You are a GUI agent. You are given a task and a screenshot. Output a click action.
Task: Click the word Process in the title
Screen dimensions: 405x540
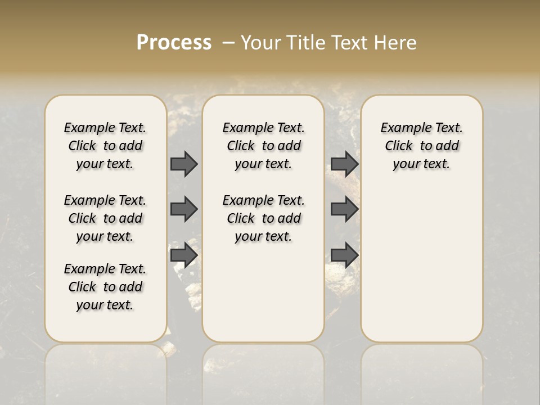pos(174,43)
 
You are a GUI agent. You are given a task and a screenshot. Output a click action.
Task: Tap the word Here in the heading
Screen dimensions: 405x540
pos(396,43)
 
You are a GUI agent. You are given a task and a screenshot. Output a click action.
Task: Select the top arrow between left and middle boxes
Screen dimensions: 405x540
pos(184,164)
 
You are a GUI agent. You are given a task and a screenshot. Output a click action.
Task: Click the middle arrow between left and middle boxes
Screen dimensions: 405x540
pos(184,209)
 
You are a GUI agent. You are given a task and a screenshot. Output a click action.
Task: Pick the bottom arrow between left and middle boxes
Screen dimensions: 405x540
pos(184,254)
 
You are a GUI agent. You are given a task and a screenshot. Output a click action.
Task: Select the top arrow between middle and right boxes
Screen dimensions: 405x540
pos(344,164)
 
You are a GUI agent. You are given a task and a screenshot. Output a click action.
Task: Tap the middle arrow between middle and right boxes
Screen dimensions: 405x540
pos(344,209)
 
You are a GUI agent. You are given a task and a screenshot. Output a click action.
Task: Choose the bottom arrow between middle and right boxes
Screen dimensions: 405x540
pos(344,254)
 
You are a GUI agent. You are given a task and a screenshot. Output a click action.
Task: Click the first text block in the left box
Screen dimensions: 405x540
pos(105,146)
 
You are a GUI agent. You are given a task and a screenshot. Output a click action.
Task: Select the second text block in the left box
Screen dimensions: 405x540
pos(105,218)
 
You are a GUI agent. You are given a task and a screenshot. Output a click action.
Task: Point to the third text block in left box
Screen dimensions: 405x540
pos(105,287)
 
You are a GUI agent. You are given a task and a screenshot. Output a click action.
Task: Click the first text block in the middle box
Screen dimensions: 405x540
pos(263,146)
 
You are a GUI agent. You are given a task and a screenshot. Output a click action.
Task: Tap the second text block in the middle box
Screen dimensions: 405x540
pos(263,218)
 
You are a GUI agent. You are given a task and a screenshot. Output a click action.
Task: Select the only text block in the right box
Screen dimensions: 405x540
pos(421,146)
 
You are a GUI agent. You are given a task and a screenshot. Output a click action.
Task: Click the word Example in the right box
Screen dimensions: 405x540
pos(402,128)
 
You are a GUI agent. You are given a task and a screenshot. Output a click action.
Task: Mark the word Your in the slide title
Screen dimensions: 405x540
pos(260,43)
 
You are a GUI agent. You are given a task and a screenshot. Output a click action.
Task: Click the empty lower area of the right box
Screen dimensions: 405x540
pos(421,264)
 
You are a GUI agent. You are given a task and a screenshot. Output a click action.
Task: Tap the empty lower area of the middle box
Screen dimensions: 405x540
pos(263,292)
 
